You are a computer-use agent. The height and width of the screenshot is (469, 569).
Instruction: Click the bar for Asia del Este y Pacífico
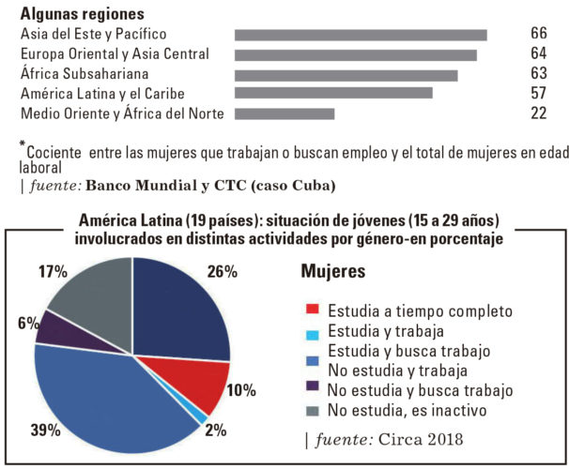tap(361, 36)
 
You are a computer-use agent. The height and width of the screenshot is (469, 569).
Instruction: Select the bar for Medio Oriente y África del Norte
tap(284, 114)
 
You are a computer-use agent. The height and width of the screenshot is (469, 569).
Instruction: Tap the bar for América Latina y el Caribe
tap(333, 94)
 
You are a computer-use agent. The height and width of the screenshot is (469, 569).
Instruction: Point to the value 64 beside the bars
tap(538, 54)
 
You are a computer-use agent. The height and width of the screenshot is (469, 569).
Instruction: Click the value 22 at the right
tap(538, 113)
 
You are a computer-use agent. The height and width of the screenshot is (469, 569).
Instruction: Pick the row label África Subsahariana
tap(85, 74)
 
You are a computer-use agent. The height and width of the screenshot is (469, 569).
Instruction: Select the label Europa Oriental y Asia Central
tap(115, 54)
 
